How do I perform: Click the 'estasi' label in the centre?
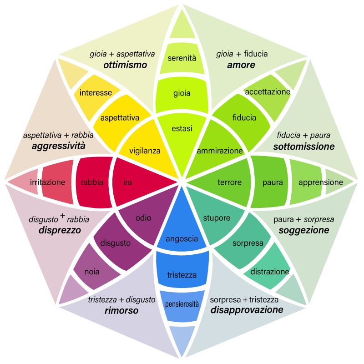[182, 129]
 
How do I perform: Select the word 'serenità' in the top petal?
[182, 58]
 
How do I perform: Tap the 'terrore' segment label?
[229, 182]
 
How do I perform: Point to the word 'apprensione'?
[321, 182]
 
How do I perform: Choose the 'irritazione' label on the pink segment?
[48, 182]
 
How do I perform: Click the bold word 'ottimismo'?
[125, 65]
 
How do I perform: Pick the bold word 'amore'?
[241, 65]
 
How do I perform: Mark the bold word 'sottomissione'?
[304, 147]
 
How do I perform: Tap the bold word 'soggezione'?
[304, 230]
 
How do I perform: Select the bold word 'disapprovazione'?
[247, 310]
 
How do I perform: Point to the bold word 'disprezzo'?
[60, 230]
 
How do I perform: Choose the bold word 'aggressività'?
[59, 147]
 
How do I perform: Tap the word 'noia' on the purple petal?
[92, 272]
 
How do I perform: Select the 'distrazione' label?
[270, 272]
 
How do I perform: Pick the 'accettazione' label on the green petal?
[268, 92]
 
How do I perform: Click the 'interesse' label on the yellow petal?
[96, 93]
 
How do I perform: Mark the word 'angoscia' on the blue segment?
[182, 238]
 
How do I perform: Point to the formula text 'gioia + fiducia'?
[242, 54]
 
